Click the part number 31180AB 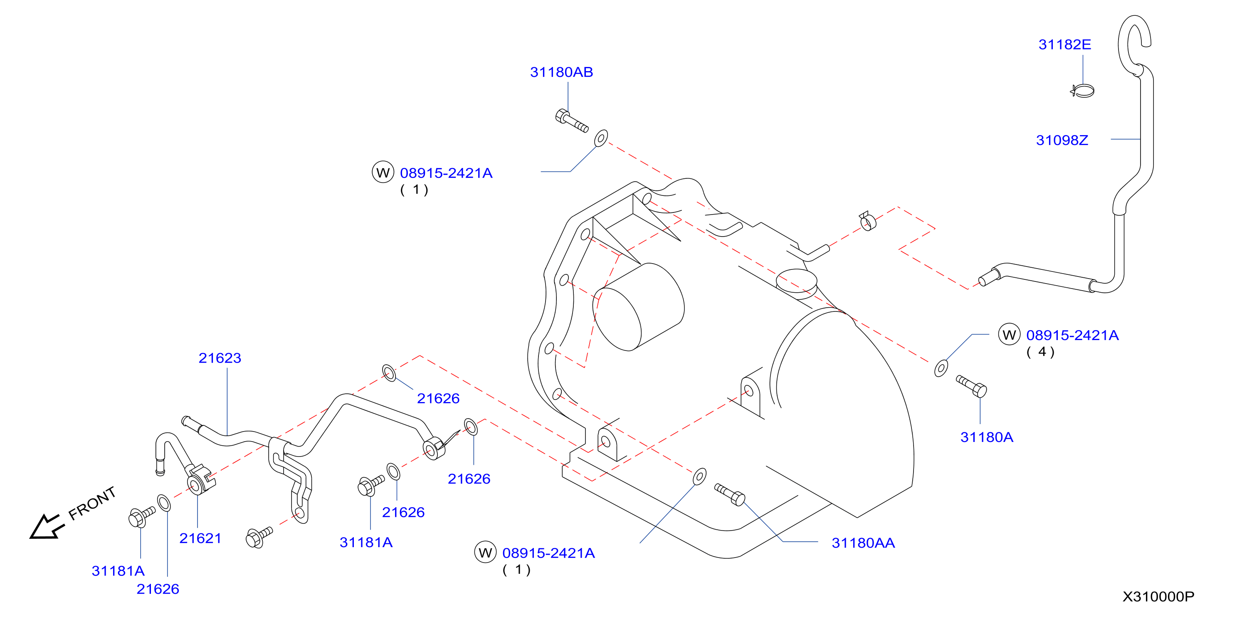click(561, 72)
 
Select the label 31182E click(1064, 44)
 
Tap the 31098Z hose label click(1062, 140)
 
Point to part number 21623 click(220, 358)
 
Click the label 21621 click(200, 538)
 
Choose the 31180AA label click(863, 543)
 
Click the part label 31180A click(986, 437)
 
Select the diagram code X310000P click(1158, 597)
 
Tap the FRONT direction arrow click(46, 526)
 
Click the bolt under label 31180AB click(572, 121)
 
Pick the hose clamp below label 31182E click(1082, 91)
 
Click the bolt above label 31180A click(971, 387)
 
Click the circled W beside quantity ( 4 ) click(1009, 335)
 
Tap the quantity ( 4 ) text click(1040, 352)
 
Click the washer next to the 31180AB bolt click(601, 138)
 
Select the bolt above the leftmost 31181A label click(142, 517)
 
